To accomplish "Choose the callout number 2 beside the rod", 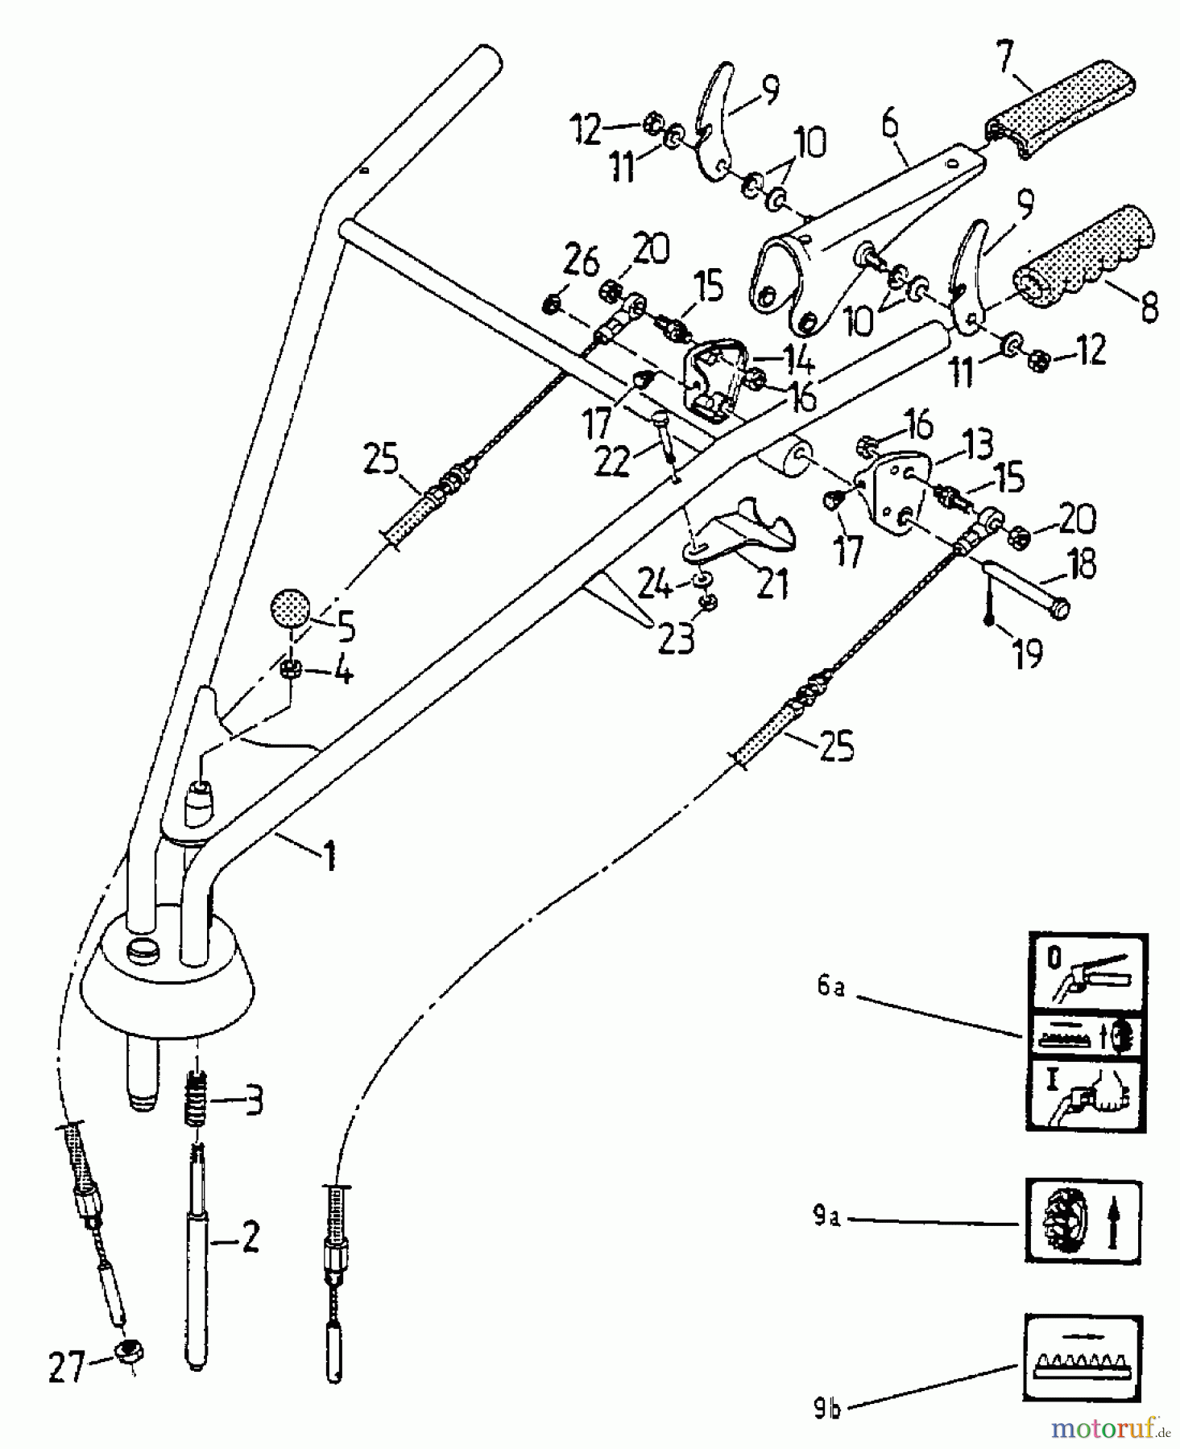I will pyautogui.click(x=250, y=1239).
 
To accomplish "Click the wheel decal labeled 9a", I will pyautogui.click(x=1083, y=1220).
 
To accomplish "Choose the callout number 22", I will pyautogui.click(x=613, y=461).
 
